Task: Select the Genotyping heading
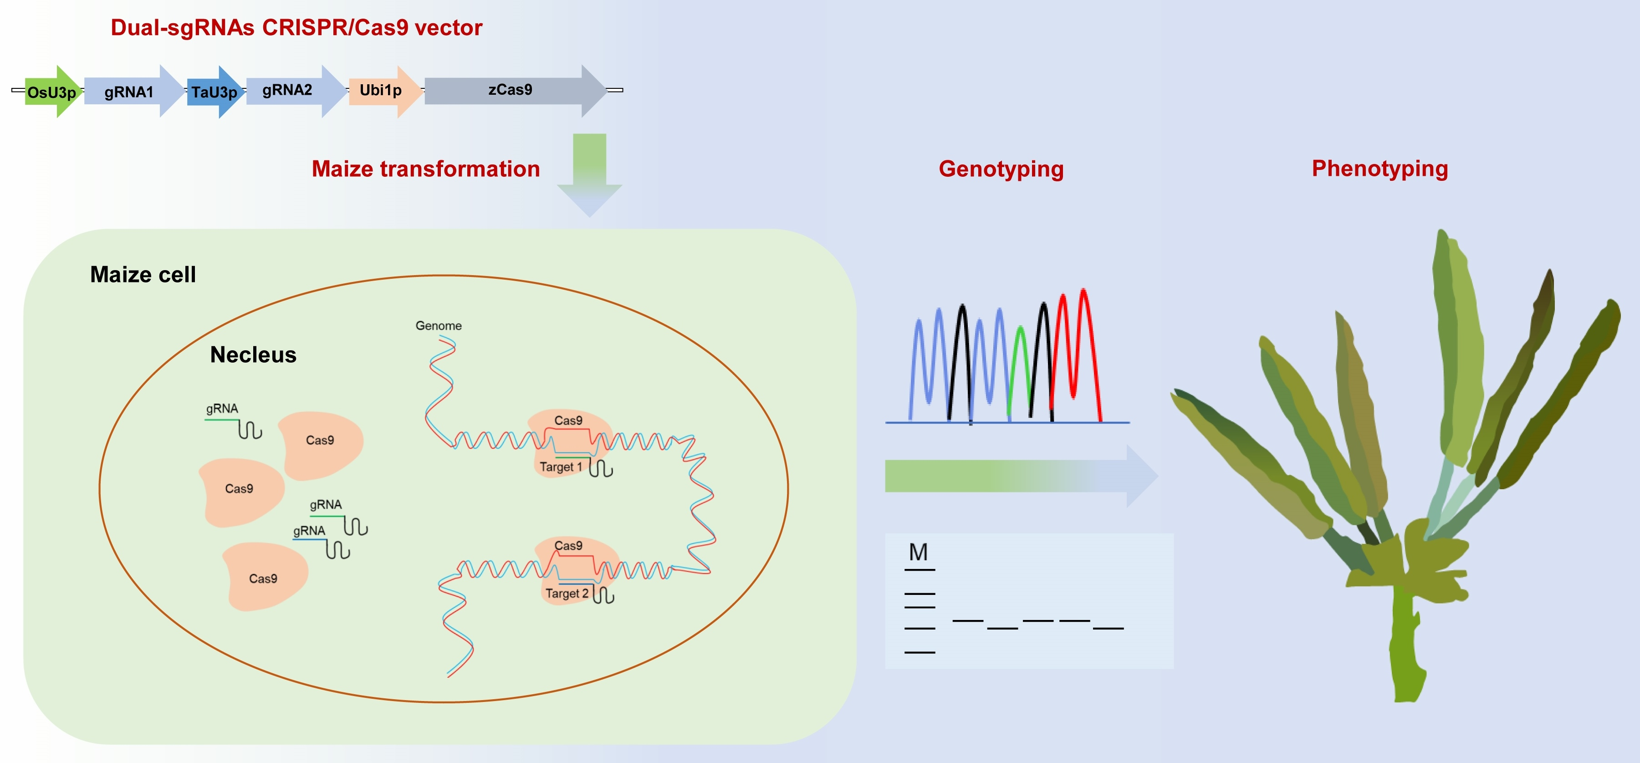point(1001,169)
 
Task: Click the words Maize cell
point(143,275)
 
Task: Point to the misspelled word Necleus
point(253,355)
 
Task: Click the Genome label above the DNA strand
point(438,325)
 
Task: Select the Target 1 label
point(560,467)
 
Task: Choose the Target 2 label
point(566,593)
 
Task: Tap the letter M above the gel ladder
point(918,552)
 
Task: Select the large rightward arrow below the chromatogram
point(1019,476)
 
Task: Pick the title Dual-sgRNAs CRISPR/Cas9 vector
point(296,27)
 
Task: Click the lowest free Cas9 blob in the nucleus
point(264,576)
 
